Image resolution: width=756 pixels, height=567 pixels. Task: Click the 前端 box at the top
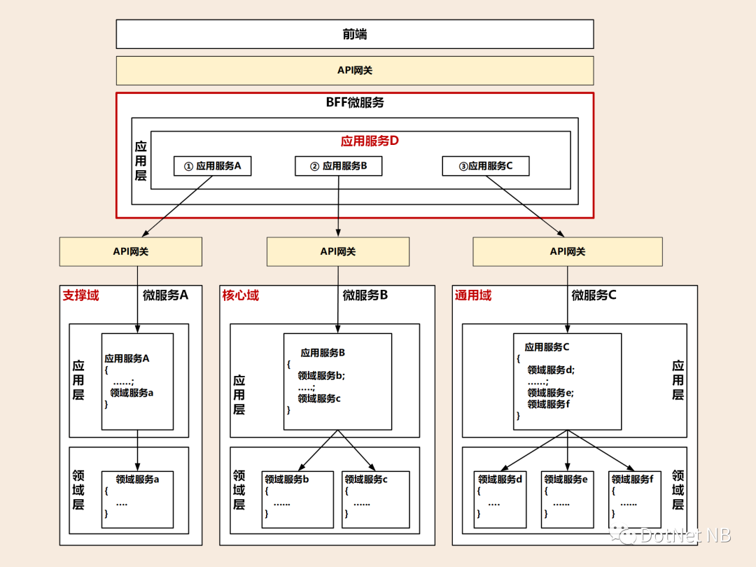[x=355, y=34]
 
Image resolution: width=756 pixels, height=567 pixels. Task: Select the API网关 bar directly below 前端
[x=355, y=71]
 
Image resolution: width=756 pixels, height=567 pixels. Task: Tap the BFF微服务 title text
[x=355, y=102]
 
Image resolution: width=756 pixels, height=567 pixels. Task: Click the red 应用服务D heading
[x=370, y=141]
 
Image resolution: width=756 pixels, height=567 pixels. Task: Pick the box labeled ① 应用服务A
[x=212, y=166]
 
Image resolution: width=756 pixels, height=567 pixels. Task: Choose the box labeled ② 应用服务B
[x=338, y=166]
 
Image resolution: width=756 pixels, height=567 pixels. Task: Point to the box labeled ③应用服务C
[x=486, y=166]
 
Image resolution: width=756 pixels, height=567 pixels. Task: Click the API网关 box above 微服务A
[x=130, y=251]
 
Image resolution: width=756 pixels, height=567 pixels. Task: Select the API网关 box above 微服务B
[x=338, y=251]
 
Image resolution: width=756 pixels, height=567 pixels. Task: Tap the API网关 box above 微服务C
[x=567, y=251]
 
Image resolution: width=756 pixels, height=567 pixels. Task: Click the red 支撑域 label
[x=81, y=295]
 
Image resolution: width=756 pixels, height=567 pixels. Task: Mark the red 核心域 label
[x=240, y=295]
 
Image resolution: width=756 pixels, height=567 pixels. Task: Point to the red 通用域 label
[x=473, y=295]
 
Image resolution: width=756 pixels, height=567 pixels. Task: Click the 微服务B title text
[x=365, y=295]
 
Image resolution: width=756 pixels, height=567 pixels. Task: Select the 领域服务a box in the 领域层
[x=137, y=499]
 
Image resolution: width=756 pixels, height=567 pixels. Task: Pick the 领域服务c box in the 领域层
[x=376, y=499]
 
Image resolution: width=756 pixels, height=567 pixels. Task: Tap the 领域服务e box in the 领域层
[x=567, y=499]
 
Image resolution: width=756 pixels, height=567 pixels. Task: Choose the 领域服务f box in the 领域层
[x=633, y=499]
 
